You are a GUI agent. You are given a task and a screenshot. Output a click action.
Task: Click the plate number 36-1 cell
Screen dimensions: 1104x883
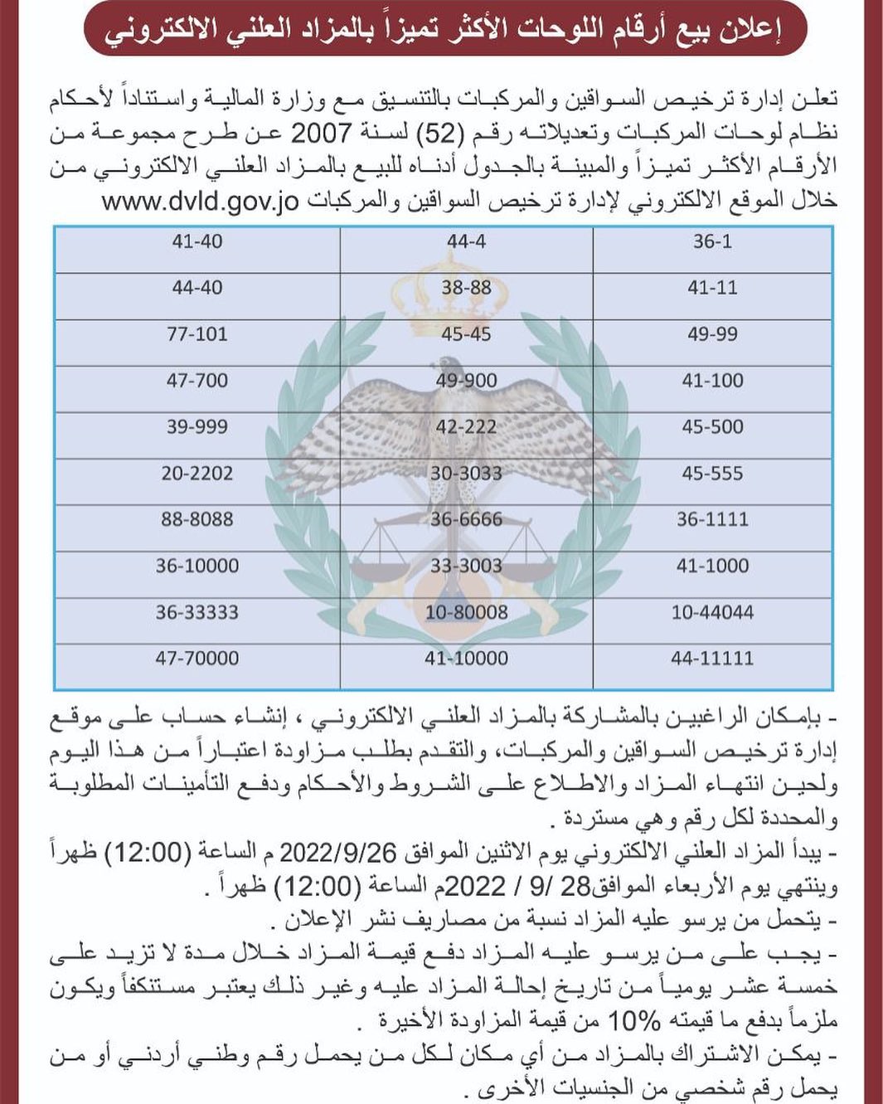[x=712, y=242]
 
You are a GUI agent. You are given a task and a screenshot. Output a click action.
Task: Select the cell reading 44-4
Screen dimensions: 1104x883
[x=466, y=242]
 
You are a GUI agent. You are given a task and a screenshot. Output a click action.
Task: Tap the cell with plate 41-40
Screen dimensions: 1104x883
[x=196, y=242]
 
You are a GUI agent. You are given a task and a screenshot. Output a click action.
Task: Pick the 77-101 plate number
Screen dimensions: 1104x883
[x=196, y=334]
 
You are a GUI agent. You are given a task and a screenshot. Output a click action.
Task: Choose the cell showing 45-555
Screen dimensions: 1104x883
[x=712, y=474]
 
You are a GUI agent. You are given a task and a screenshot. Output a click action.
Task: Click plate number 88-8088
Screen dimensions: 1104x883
[x=196, y=520]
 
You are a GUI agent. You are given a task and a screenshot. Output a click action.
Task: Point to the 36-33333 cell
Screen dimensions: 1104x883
[x=196, y=613]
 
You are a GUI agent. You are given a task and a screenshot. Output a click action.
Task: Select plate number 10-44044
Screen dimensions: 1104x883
[x=712, y=613]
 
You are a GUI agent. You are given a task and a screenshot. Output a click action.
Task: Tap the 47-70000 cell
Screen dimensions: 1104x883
[x=196, y=659]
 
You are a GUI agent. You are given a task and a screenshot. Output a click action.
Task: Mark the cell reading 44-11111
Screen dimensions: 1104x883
[x=712, y=659]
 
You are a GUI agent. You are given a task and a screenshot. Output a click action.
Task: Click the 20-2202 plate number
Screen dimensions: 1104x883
[x=196, y=474]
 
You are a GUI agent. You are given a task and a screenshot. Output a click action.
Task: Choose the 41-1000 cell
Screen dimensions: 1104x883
[x=712, y=567]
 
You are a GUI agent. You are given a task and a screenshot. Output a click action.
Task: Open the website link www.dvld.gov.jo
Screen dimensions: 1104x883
[x=200, y=202]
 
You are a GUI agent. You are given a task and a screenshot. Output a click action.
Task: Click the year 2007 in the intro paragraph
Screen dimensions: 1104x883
[x=320, y=133]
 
